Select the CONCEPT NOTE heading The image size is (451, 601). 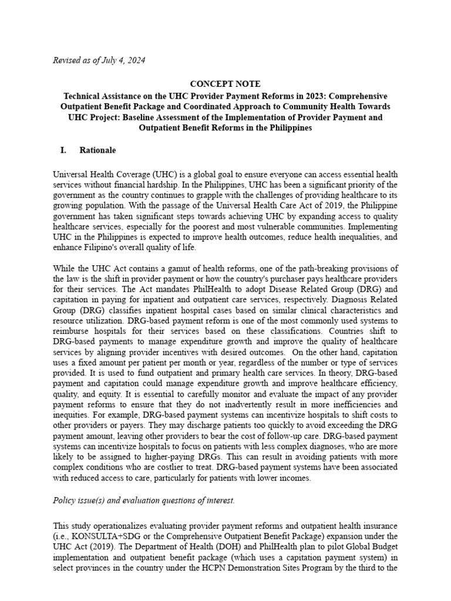click(x=225, y=84)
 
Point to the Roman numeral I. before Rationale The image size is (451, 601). click(x=63, y=150)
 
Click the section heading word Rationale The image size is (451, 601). click(x=97, y=150)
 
